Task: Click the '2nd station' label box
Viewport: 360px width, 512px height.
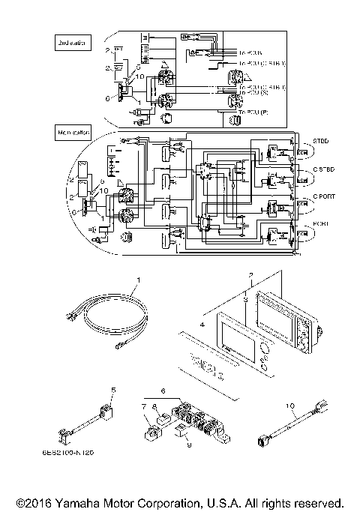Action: tap(72, 44)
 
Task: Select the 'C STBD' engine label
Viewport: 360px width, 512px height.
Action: tap(312, 169)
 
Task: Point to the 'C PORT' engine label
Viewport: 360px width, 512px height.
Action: tap(311, 197)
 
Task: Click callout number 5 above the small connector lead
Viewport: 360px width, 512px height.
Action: tap(113, 389)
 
